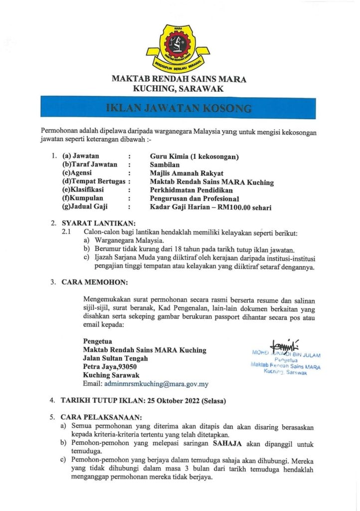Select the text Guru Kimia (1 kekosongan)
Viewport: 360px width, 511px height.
pos(194,157)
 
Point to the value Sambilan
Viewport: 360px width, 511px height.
pos(165,165)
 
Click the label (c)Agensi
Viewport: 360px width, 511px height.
pos(79,173)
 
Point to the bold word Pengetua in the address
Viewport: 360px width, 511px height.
pos(98,341)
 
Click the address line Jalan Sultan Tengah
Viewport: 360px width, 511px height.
pos(115,358)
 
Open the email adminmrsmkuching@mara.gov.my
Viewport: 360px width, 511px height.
pos(155,384)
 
